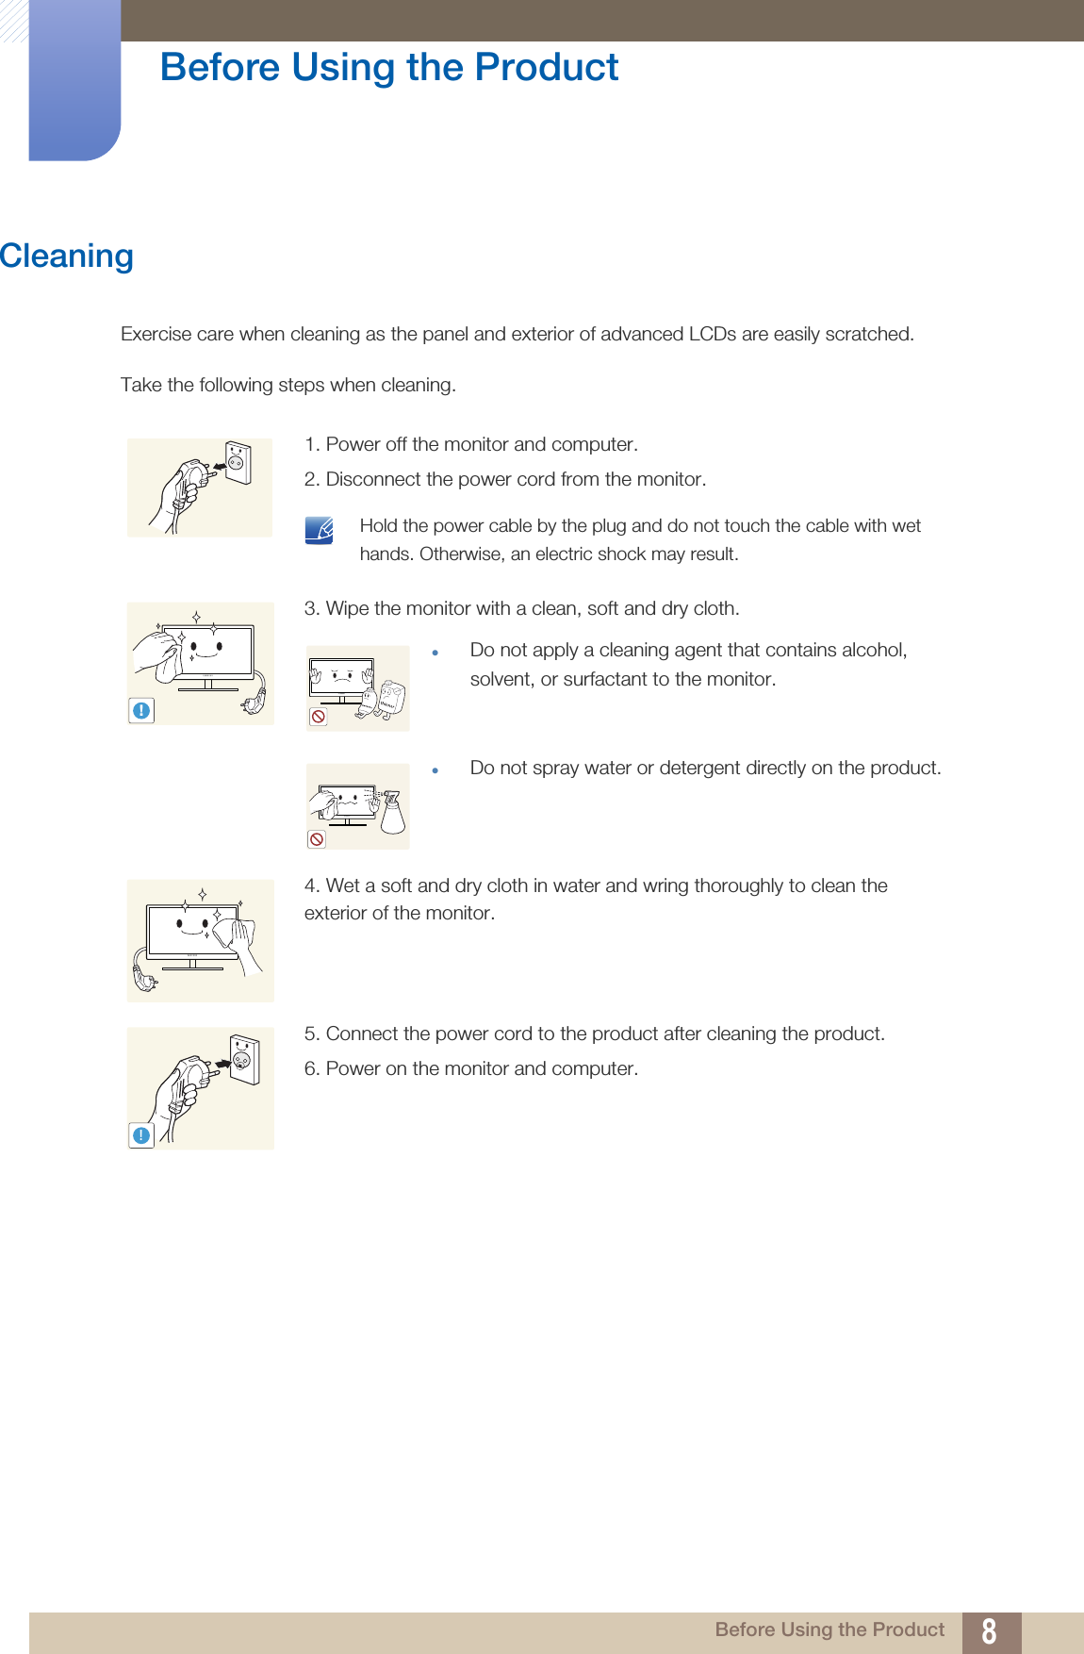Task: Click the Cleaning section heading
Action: [x=67, y=256]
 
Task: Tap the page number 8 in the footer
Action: [x=989, y=1631]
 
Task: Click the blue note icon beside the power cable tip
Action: [x=320, y=530]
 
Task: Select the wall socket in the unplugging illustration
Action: [x=238, y=462]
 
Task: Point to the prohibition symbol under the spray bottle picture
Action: [x=317, y=839]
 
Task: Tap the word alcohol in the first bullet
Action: [x=874, y=650]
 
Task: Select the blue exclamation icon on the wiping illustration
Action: [x=141, y=710]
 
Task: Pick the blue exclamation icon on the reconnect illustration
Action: [x=141, y=1135]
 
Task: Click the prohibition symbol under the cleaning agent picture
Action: [x=319, y=717]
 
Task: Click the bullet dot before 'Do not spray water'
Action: [x=435, y=770]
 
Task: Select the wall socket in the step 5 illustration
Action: [x=243, y=1059]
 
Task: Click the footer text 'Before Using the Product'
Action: [x=829, y=1629]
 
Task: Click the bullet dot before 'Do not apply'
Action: [x=435, y=653]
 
